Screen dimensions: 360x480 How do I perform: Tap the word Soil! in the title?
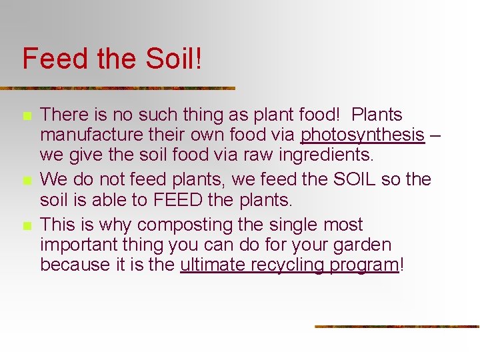click(x=171, y=59)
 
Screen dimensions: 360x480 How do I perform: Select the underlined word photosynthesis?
click(x=362, y=135)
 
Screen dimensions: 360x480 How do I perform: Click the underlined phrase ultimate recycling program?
click(x=289, y=265)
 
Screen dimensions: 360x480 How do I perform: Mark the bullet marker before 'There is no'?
click(x=27, y=117)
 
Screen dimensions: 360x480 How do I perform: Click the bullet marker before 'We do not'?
click(x=27, y=181)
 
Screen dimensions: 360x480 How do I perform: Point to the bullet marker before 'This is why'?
click(x=27, y=226)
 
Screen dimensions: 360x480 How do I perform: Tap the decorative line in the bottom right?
click(x=397, y=327)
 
